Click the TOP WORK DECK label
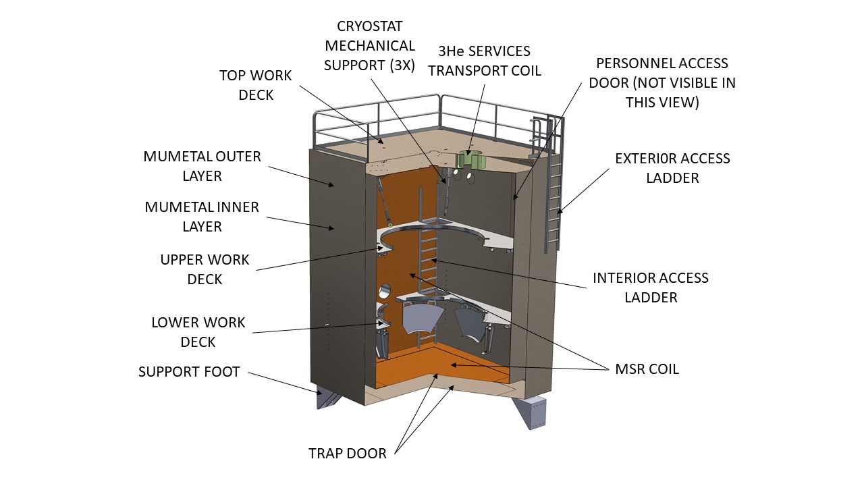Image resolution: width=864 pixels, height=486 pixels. click(256, 85)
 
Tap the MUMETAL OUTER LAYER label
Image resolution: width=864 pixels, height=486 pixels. click(202, 166)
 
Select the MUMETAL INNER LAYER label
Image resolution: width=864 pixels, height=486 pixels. click(202, 217)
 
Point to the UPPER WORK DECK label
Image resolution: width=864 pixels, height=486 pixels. click(205, 269)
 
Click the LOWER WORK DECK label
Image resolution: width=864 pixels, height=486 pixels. click(198, 332)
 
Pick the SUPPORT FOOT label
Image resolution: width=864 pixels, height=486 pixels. click(189, 372)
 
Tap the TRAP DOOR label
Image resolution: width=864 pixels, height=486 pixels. click(348, 453)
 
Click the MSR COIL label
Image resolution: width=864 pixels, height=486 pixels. click(647, 369)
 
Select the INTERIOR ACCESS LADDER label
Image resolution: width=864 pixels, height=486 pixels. click(651, 288)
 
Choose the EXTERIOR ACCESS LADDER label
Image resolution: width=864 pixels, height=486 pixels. click(672, 168)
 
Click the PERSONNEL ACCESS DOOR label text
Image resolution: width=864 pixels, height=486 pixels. click(662, 82)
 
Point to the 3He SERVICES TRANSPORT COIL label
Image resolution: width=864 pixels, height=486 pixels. click(484, 61)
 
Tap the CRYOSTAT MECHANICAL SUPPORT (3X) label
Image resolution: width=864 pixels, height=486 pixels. click(370, 46)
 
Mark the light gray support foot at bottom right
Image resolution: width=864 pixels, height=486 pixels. click(533, 412)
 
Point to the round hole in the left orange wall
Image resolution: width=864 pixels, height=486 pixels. click(385, 292)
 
